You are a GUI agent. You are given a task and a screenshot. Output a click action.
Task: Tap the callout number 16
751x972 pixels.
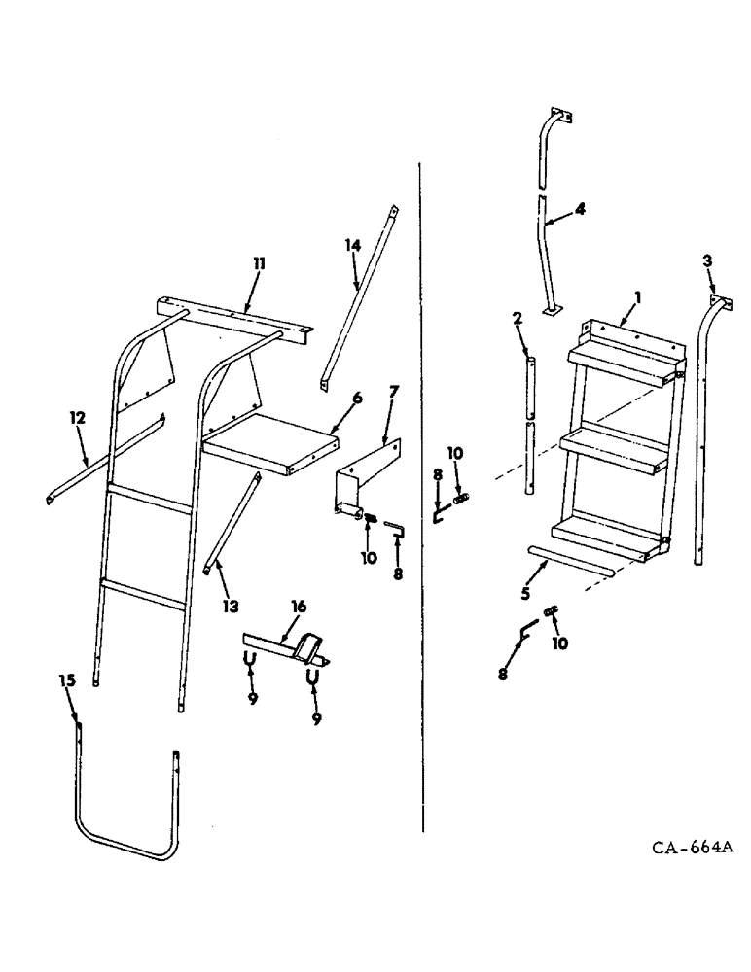point(298,607)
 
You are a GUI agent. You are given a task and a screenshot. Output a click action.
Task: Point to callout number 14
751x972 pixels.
point(351,246)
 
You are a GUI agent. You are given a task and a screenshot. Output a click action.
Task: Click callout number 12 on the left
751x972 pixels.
point(78,418)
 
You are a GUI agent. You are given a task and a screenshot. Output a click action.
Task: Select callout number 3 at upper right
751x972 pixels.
point(707,260)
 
